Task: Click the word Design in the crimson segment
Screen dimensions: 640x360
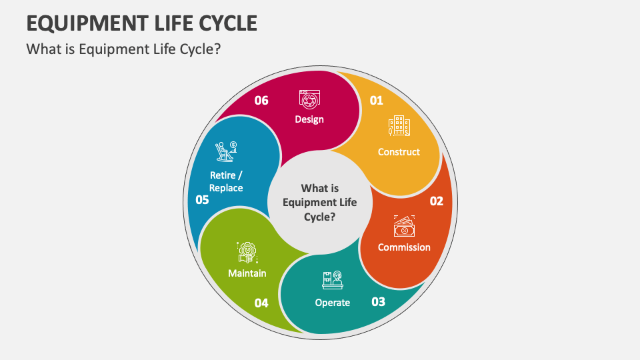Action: pyautogui.click(x=309, y=119)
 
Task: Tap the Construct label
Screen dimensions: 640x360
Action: pyautogui.click(x=399, y=152)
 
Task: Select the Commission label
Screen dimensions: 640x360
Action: pyautogui.click(x=404, y=247)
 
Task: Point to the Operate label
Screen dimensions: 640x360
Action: pyautogui.click(x=333, y=303)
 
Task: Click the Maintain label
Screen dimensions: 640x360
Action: pyautogui.click(x=247, y=273)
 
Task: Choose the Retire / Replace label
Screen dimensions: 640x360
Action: pyautogui.click(x=226, y=181)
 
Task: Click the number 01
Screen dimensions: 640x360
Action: pyautogui.click(x=376, y=101)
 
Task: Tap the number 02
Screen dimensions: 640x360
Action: pyautogui.click(x=436, y=201)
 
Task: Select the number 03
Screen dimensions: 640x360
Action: pyautogui.click(x=379, y=301)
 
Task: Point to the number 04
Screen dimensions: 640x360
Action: pyautogui.click(x=261, y=303)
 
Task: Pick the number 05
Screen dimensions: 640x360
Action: pyautogui.click(x=202, y=199)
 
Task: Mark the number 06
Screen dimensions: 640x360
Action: pyautogui.click(x=261, y=101)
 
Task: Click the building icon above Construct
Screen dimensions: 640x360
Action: pyautogui.click(x=399, y=125)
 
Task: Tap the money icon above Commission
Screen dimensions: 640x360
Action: pyautogui.click(x=404, y=226)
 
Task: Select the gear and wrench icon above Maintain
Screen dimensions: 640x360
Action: pyautogui.click(x=247, y=252)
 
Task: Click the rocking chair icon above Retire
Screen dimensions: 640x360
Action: pyautogui.click(x=226, y=151)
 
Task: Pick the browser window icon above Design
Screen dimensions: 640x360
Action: pyautogui.click(x=309, y=99)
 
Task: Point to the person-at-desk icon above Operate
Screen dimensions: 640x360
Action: pyautogui.click(x=333, y=280)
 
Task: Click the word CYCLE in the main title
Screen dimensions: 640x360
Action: pyautogui.click(x=228, y=23)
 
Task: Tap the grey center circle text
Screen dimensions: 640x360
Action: pyautogui.click(x=320, y=203)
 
